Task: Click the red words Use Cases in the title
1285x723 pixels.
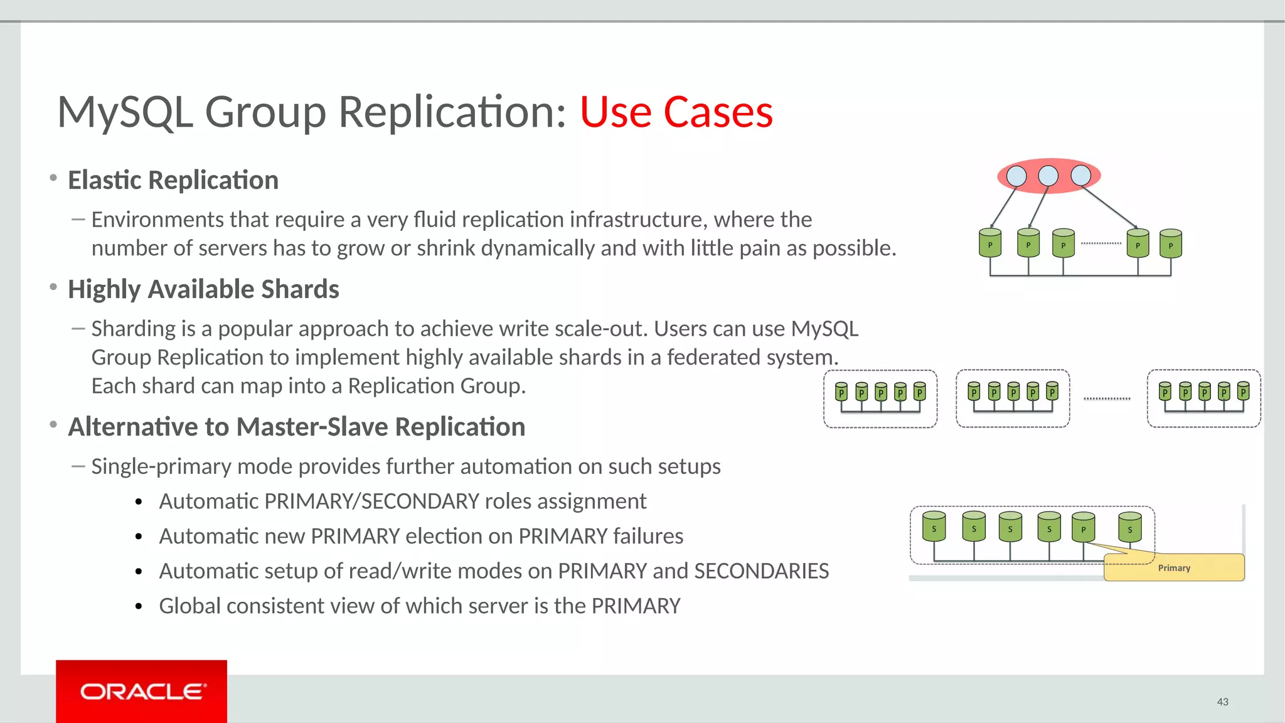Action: (675, 112)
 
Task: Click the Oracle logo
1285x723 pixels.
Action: (142, 691)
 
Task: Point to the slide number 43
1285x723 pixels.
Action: (1222, 702)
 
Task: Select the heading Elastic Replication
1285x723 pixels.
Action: (173, 180)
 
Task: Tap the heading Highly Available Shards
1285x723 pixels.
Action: (203, 289)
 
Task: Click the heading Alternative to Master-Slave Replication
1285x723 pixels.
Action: (296, 427)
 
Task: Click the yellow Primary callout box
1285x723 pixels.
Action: (1174, 567)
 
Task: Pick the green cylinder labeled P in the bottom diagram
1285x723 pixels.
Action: (1083, 527)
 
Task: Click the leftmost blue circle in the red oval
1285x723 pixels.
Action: (1016, 176)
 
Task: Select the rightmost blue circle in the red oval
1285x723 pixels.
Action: (1080, 175)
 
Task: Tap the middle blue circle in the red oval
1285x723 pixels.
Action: (1048, 176)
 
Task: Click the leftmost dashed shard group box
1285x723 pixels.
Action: (880, 399)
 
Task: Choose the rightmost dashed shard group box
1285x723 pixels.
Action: (1203, 399)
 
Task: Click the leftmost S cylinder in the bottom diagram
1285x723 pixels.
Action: (934, 527)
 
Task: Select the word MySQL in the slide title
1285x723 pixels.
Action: (125, 112)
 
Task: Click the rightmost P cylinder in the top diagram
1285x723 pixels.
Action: (1170, 244)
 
